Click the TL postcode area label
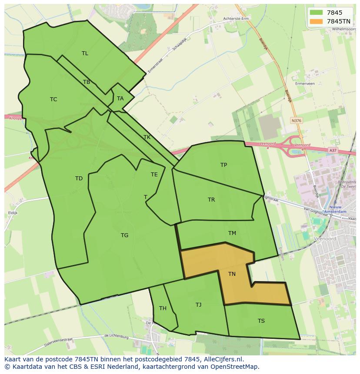pos(85,53)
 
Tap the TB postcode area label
pos(87,82)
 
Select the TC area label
pos(53,99)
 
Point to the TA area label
pos(120,99)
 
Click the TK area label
pos(147,137)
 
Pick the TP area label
pos(223,165)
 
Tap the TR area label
pos(211,200)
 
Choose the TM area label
pos(232,233)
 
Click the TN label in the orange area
pos(232,274)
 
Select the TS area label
pos(261,321)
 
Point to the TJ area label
pos(198,305)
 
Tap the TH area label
pos(163,308)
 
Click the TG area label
pos(124,235)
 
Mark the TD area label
pos(79,179)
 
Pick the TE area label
pos(154,175)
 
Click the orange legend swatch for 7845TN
pos(317,21)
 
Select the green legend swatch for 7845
pos(317,13)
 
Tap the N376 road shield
pos(297,121)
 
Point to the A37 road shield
pos(332,150)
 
